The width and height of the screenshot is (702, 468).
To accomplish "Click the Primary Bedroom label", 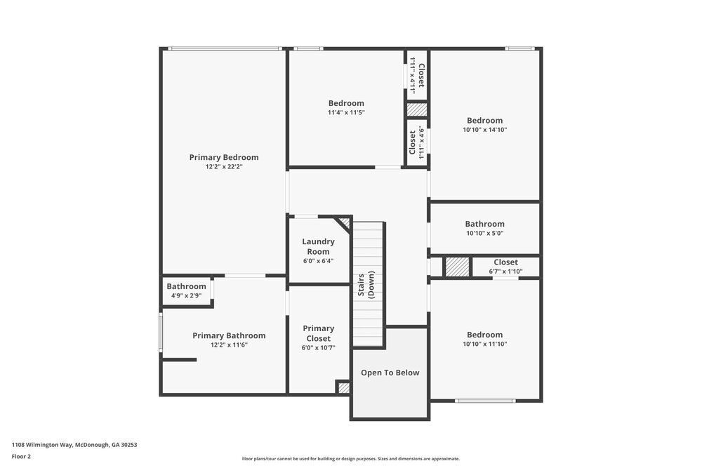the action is point(224,157).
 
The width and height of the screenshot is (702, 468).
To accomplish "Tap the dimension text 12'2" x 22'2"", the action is point(224,167).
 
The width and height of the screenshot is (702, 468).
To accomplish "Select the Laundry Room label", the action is point(318,246).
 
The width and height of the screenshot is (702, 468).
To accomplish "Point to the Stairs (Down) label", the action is point(366,285).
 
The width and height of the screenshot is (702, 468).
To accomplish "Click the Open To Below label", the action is point(390,373).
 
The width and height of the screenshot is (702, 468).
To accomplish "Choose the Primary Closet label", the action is point(318,333).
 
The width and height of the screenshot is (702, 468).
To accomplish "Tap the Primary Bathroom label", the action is point(229,335).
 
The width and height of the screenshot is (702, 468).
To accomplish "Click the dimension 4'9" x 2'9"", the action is point(186,295).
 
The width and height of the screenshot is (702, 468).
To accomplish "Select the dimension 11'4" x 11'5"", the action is point(346,113).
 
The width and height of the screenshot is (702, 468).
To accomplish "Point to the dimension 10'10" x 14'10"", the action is point(485,131).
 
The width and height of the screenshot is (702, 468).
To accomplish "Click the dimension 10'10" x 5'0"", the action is point(485,233).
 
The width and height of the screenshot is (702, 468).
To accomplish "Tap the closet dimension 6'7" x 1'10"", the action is point(505,272).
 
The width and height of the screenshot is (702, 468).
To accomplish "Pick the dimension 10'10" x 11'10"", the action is point(485,344).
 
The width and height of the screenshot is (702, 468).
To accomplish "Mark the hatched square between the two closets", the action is point(417,110).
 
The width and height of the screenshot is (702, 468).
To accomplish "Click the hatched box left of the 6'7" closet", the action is point(458,267).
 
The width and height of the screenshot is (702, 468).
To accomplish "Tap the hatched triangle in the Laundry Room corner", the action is point(345,222).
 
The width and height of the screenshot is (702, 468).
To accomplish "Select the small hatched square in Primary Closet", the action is point(344,387).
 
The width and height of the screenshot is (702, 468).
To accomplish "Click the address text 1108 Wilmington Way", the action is point(43,445).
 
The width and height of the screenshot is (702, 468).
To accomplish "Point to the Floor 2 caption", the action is point(21,456).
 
